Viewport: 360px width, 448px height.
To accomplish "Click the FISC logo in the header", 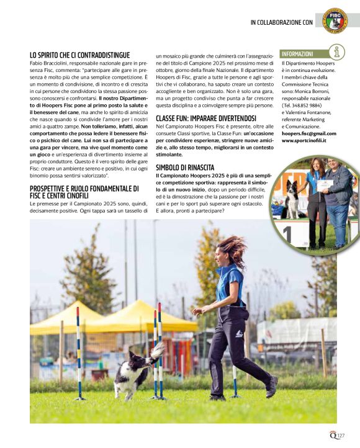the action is coord(335,20).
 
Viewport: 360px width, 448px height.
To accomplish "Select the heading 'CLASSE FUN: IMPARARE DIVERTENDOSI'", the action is coord(206,118).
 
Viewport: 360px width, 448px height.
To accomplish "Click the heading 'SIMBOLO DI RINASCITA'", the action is coord(185,168).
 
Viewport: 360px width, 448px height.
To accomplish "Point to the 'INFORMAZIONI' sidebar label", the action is coord(298,54).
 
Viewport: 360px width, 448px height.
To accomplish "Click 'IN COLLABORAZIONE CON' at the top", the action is coord(281,22).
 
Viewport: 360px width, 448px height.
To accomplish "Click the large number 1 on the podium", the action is coord(288,235).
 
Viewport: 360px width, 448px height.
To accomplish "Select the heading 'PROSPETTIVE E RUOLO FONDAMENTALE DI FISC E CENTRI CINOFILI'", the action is coord(83,192).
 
